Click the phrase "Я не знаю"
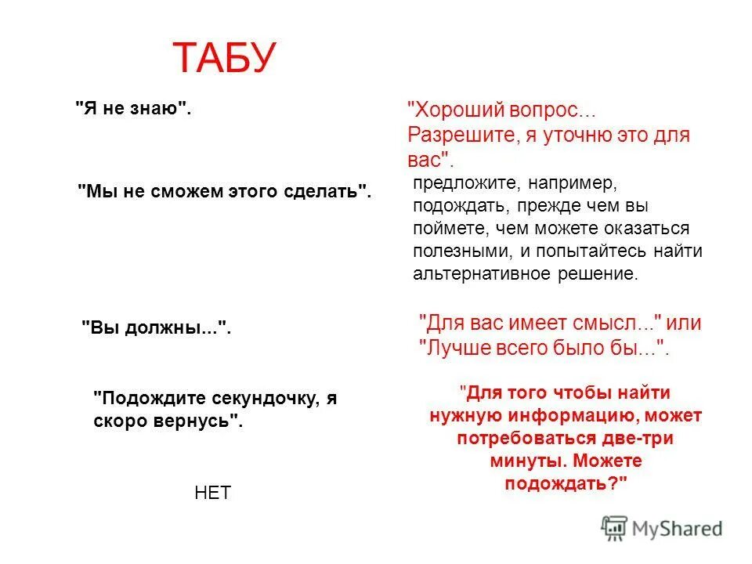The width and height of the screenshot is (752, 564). click(133, 108)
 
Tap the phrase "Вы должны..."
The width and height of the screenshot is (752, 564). click(157, 328)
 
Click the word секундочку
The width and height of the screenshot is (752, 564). click(262, 398)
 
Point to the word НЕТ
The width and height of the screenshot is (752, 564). click(212, 493)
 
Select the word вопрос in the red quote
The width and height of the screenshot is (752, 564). click(544, 110)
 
